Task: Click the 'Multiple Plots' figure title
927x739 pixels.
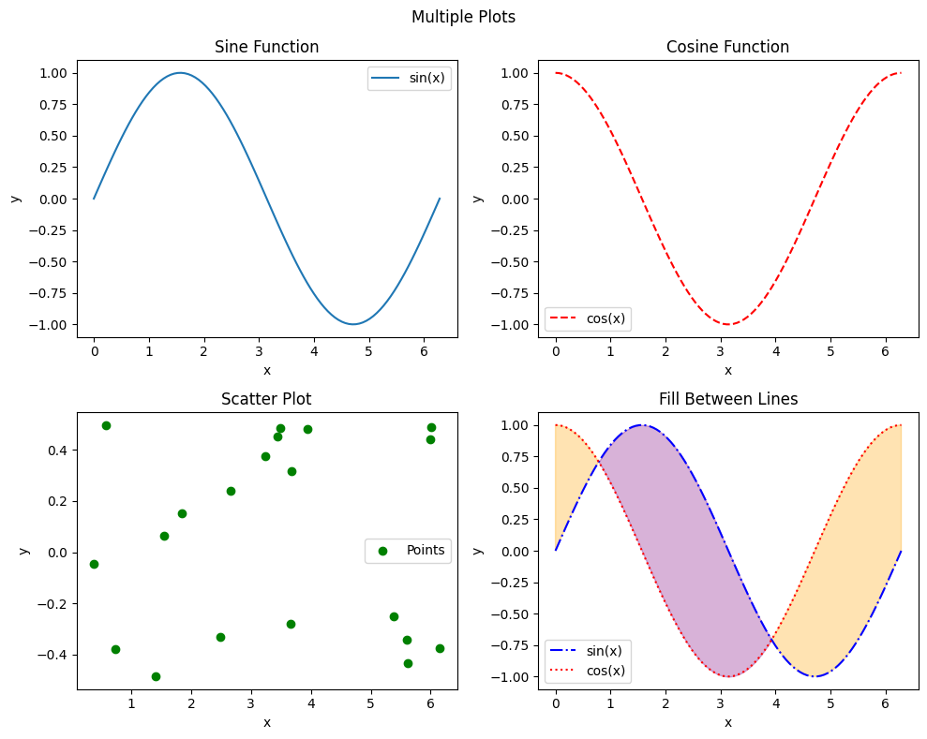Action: pyautogui.click(x=463, y=17)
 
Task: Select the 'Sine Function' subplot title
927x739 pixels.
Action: pyautogui.click(x=266, y=47)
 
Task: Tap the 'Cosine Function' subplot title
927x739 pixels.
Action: pyautogui.click(x=727, y=47)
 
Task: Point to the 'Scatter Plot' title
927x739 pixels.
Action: pyautogui.click(x=266, y=399)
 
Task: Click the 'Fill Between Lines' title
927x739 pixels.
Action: pyautogui.click(x=727, y=399)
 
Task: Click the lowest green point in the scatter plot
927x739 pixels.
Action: pyautogui.click(x=156, y=676)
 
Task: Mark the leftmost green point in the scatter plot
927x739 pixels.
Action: pyautogui.click(x=94, y=564)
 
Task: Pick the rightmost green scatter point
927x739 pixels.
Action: pyautogui.click(x=440, y=648)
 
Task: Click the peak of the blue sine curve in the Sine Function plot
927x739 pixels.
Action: pyautogui.click(x=180, y=73)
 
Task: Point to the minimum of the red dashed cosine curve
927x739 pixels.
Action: pyautogui.click(x=728, y=324)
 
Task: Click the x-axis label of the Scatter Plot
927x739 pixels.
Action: pyautogui.click(x=266, y=722)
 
